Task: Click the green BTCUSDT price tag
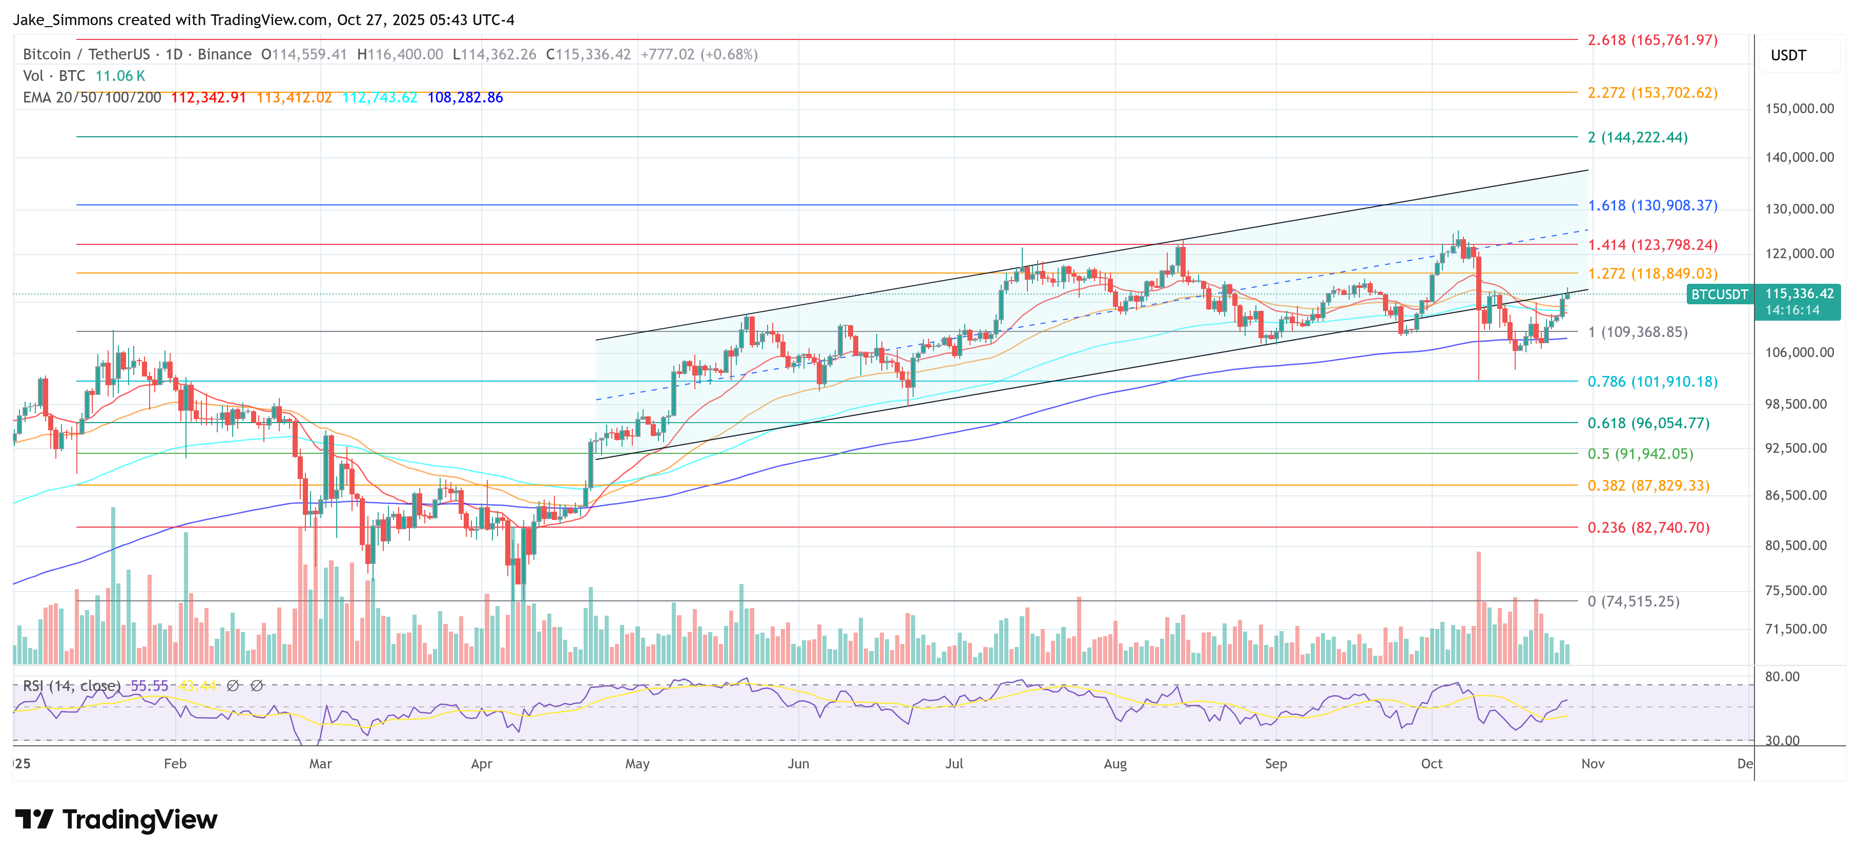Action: (1720, 295)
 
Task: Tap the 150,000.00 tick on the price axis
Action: (1799, 109)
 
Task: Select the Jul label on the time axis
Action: (954, 763)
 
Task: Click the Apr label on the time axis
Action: (481, 763)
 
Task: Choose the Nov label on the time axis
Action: (1593, 763)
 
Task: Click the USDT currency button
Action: (1788, 55)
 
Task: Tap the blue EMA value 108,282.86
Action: (465, 97)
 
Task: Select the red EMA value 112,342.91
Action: (209, 97)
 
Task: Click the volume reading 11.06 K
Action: (120, 76)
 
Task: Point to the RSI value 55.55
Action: (150, 685)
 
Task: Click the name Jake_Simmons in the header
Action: (64, 19)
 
